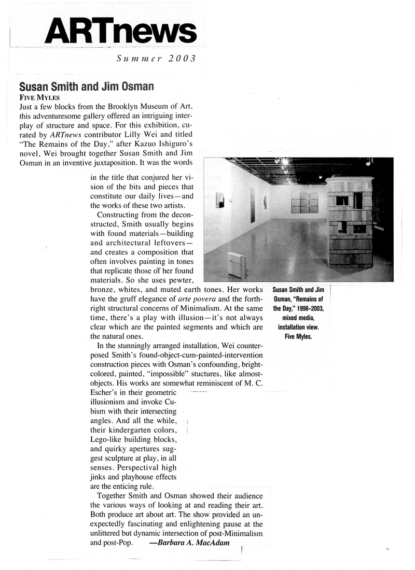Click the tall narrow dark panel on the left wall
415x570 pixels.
click(253, 204)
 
